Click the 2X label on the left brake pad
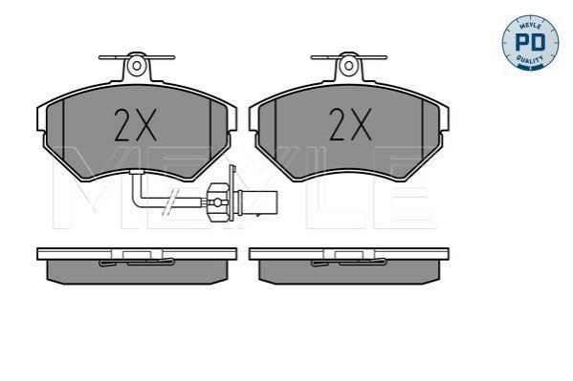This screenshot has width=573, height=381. point(136,125)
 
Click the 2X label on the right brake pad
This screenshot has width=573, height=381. point(350,124)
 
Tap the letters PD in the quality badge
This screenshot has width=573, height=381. point(530,42)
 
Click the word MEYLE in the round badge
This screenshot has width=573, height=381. point(530,26)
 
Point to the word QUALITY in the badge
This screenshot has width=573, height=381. point(530,59)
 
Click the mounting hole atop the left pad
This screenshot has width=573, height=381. point(137,66)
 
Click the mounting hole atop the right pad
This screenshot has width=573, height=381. point(349,66)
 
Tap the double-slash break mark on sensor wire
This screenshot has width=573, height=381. point(171,201)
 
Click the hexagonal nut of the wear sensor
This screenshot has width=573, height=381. point(218,201)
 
